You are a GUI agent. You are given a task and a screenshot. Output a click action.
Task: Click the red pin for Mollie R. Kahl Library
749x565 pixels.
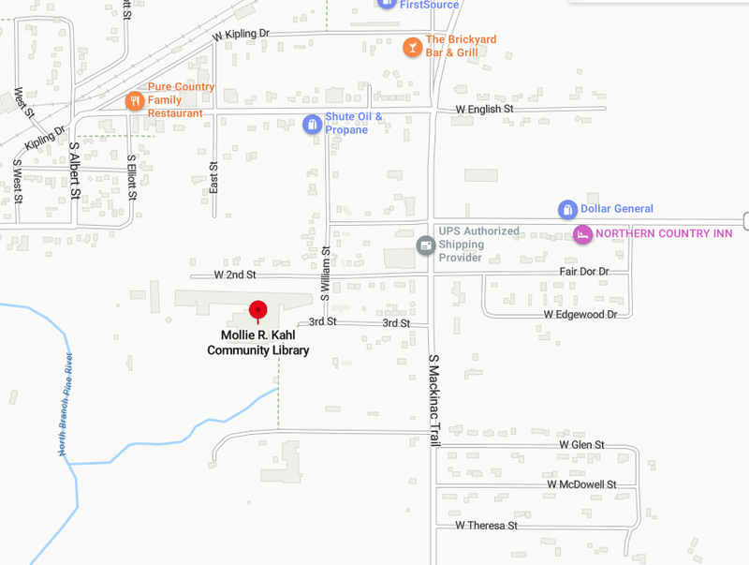click(257, 310)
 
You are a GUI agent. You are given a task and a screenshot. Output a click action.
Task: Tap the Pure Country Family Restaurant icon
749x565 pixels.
click(135, 100)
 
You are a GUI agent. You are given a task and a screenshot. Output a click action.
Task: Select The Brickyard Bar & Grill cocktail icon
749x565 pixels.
click(412, 46)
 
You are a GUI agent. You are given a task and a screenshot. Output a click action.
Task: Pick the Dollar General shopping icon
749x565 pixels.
click(566, 209)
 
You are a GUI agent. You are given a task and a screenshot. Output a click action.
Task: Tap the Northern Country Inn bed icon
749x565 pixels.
click(582, 233)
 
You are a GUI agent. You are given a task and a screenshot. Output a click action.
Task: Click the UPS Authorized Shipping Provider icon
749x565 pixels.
click(425, 245)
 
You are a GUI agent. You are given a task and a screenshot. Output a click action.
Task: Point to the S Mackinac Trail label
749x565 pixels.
click(433, 400)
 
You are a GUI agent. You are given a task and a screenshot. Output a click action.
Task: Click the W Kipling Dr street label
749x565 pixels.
click(241, 34)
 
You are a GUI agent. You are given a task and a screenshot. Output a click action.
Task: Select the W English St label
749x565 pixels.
click(485, 110)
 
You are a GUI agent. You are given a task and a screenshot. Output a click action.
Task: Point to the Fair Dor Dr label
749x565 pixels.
click(584, 272)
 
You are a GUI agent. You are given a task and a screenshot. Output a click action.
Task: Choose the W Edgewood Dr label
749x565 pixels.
click(580, 314)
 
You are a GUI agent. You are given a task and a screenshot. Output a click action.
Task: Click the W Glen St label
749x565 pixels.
click(581, 445)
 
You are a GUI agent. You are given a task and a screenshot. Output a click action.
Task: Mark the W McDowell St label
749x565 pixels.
click(582, 484)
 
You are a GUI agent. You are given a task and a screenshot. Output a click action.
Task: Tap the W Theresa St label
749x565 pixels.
click(487, 526)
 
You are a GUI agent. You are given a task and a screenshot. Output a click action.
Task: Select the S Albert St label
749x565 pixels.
click(75, 170)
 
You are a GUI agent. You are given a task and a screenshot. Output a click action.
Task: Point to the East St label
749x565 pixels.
click(213, 177)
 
